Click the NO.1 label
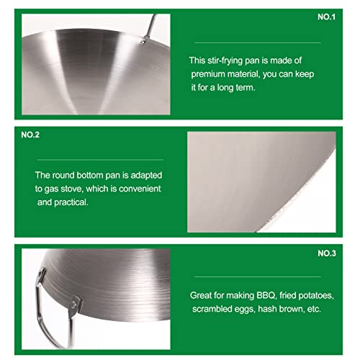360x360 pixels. pos(326,17)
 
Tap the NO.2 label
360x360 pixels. pos(30,135)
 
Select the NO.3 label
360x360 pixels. pos(327,253)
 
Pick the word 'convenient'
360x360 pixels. pos(140,189)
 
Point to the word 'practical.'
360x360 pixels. pos(71,202)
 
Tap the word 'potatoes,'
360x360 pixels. pos(315,295)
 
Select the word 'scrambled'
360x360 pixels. pos(212,309)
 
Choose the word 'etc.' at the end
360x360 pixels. pos(314,309)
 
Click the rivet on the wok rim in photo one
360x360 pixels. pos(143,42)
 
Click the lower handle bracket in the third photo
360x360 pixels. pos(74,306)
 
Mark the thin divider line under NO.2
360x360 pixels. pos(100,160)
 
